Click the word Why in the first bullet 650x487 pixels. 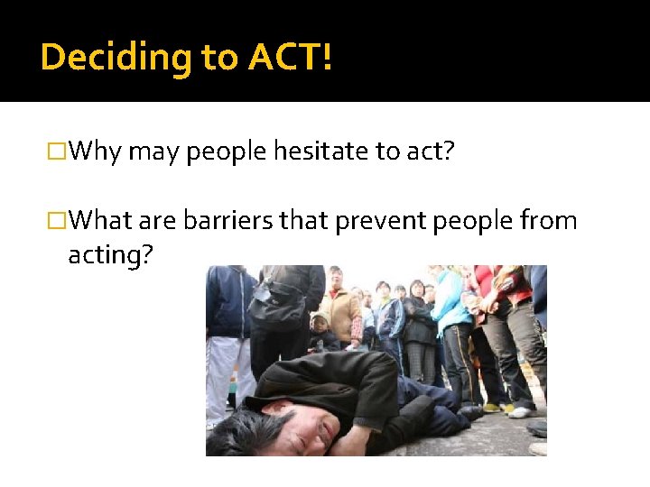point(96,151)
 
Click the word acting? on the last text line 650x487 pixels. point(111,255)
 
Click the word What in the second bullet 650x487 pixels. point(101,220)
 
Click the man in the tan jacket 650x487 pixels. point(342,311)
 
